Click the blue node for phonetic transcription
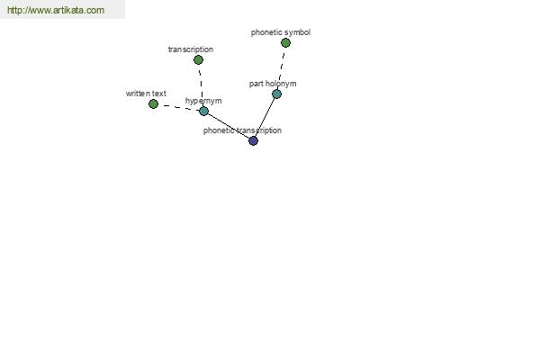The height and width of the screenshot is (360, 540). point(253,140)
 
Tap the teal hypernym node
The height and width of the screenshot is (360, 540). point(204,111)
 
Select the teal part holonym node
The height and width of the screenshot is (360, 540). point(276,94)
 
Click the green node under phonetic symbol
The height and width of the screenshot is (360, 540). point(285,42)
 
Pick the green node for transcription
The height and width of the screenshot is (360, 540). point(198,60)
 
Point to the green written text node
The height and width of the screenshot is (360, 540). point(153,103)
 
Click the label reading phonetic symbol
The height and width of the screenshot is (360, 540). point(281,32)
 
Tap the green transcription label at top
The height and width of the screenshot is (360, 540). point(191,49)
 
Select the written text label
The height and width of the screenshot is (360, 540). point(146,94)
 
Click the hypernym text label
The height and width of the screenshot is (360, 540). point(203,101)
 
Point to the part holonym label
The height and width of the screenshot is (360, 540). point(273,84)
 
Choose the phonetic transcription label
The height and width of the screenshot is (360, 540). point(242,130)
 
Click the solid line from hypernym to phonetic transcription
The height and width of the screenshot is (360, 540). point(229,126)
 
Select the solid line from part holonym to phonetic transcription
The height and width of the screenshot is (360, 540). point(265,117)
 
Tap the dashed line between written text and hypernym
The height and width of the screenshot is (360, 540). point(178,107)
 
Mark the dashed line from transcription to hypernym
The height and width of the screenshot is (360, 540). point(201,85)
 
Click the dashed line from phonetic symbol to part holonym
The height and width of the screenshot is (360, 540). point(281,68)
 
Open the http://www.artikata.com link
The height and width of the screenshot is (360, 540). point(56,10)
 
